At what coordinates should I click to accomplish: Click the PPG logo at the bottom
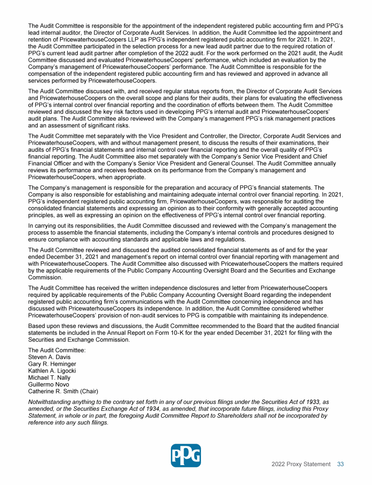(x=186, y=455)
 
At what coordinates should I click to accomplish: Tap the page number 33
(x=341, y=464)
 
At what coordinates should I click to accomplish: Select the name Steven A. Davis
(x=49, y=357)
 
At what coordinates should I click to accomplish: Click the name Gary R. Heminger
(x=52, y=364)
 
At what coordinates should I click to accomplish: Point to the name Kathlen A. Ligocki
(x=52, y=371)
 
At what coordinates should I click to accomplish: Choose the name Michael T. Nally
(x=49, y=377)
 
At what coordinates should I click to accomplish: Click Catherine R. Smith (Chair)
(x=63, y=391)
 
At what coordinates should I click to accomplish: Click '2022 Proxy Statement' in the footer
(x=301, y=464)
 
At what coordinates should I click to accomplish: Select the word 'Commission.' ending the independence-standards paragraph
(x=46, y=278)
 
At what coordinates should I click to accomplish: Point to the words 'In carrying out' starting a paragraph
(x=48, y=226)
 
